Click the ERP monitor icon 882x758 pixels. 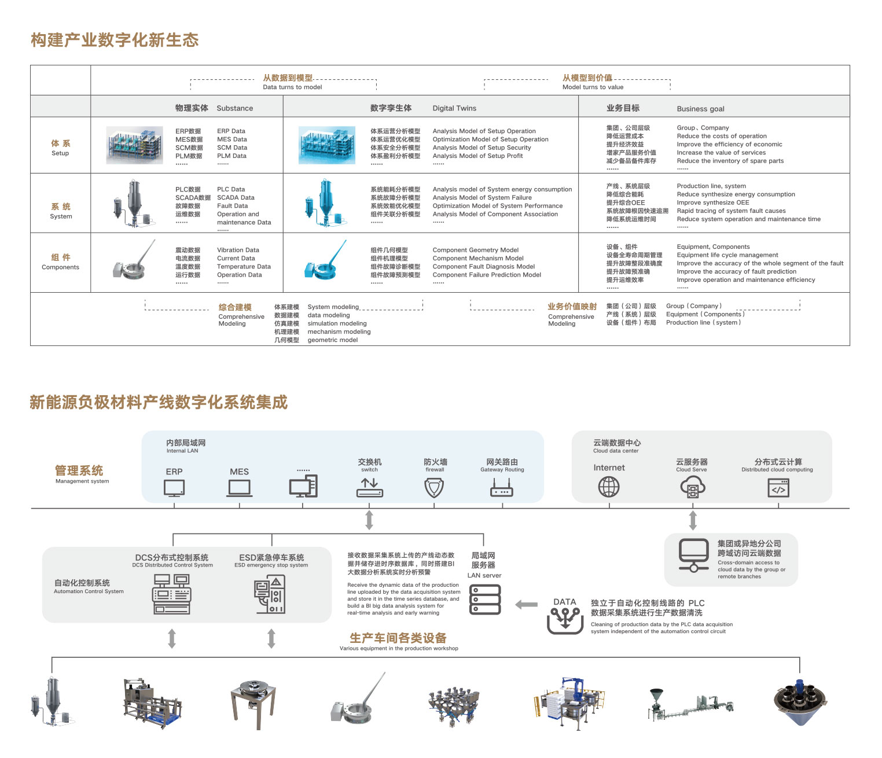(174, 488)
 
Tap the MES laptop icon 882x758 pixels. (239, 488)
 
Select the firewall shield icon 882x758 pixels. (434, 488)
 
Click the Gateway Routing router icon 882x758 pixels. (502, 489)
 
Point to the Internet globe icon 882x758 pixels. (608, 487)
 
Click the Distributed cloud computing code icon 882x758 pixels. (778, 488)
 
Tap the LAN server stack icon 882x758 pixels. (486, 599)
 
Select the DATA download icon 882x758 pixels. (565, 621)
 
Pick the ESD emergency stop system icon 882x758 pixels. (270, 595)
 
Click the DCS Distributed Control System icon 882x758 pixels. (172, 594)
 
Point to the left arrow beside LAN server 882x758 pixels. (526, 605)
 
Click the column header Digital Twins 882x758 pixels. (454, 108)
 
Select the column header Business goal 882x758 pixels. (700, 109)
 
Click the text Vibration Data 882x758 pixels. (238, 250)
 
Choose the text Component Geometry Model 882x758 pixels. (475, 250)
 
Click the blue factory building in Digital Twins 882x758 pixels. (328, 144)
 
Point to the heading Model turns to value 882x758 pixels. (593, 87)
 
